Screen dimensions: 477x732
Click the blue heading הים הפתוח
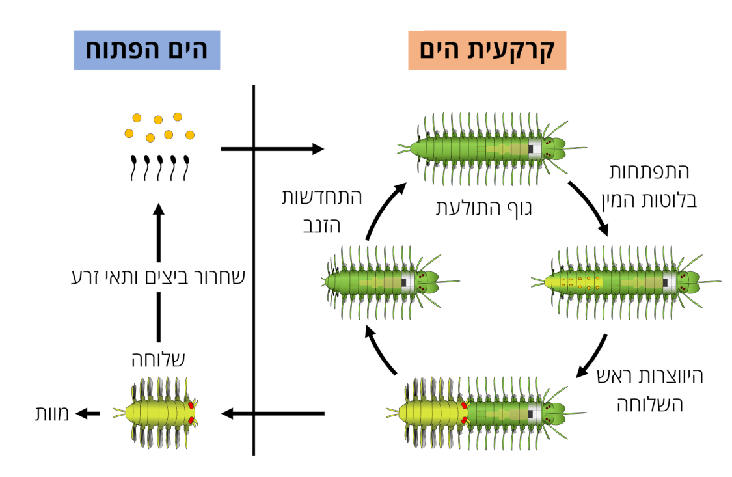pos(146,50)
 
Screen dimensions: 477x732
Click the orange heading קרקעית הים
pos(487,50)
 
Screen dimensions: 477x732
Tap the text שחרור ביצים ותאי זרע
pos(157,276)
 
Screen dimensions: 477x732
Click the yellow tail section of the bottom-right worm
pos(429,413)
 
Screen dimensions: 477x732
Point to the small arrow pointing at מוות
pos(88,413)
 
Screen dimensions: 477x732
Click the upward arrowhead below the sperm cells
pos(159,210)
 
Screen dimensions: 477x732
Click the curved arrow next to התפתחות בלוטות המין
pos(589,208)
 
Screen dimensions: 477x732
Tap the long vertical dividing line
pos(254,270)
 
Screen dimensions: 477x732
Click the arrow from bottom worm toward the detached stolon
pos(273,413)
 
